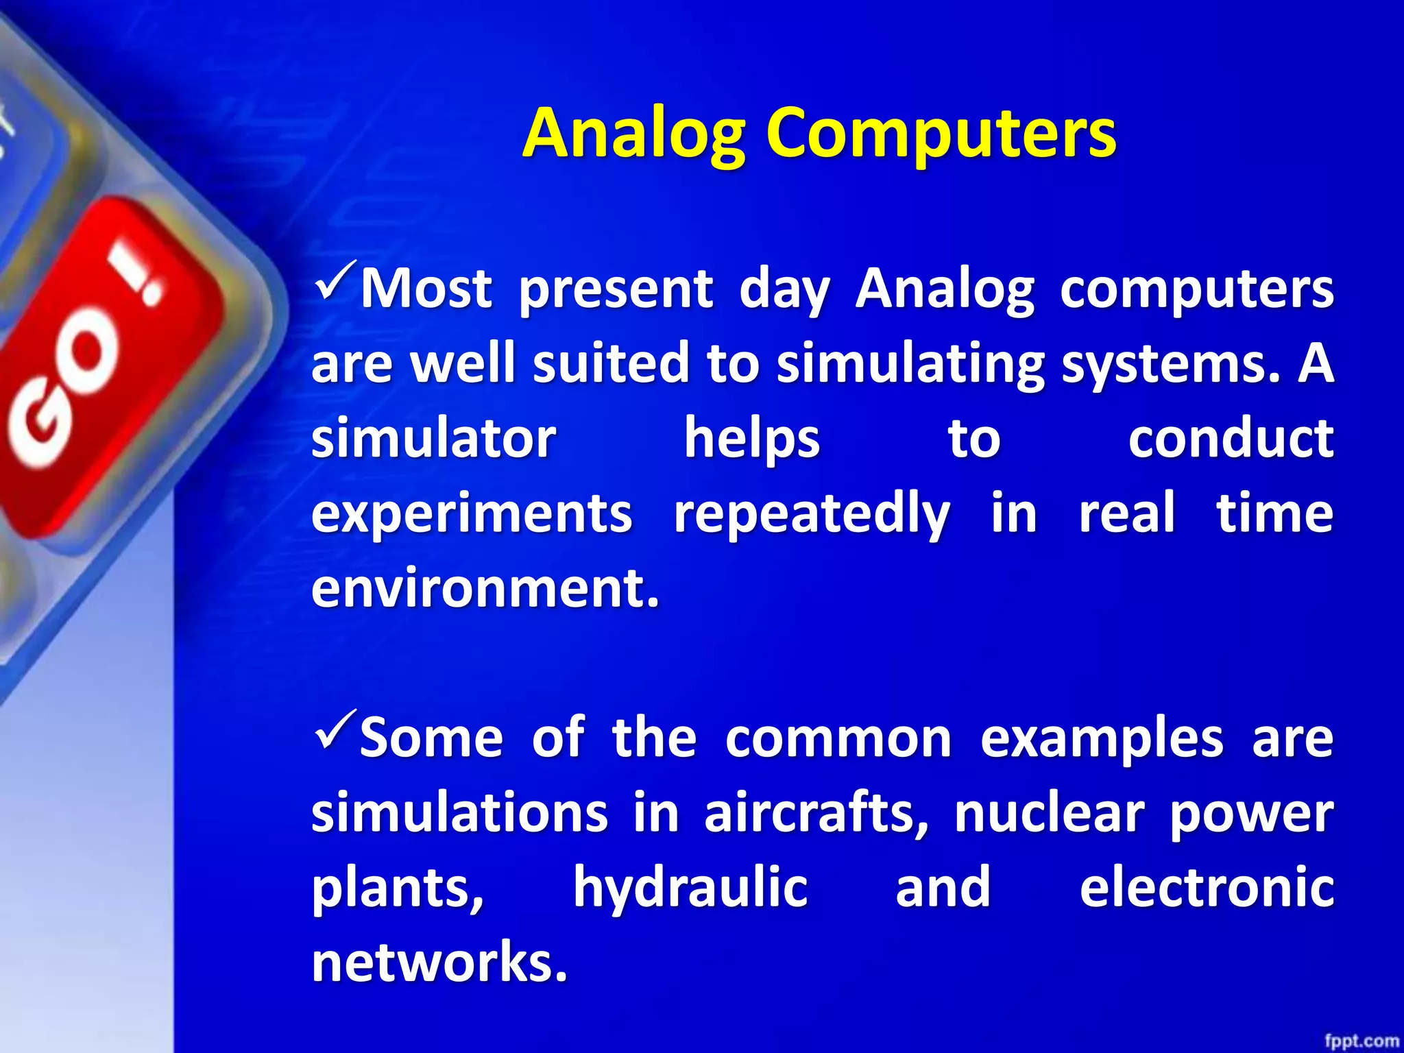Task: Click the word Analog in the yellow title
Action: pyautogui.click(x=634, y=134)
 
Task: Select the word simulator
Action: pyautogui.click(x=433, y=439)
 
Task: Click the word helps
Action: pyautogui.click(x=752, y=439)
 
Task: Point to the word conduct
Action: pyautogui.click(x=1231, y=439)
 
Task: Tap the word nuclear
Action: pyautogui.click(x=1049, y=814)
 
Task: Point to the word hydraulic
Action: pyautogui.click(x=690, y=888)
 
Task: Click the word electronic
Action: pyautogui.click(x=1207, y=888)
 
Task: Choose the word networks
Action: pyautogui.click(x=439, y=963)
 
